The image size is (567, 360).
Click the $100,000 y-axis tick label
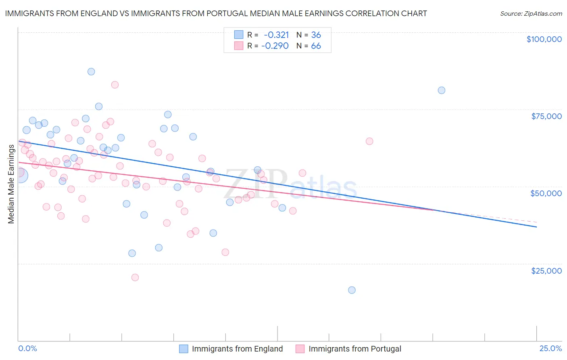pyautogui.click(x=544, y=39)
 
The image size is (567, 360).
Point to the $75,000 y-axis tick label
pyautogui.click(x=546, y=116)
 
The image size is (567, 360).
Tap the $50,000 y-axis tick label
pyautogui.click(x=546, y=193)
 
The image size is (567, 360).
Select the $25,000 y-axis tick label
pyautogui.click(x=546, y=271)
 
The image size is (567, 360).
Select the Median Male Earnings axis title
pyautogui.click(x=11, y=184)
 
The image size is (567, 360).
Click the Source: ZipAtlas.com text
pyautogui.click(x=531, y=14)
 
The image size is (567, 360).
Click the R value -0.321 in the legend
pyautogui.click(x=276, y=35)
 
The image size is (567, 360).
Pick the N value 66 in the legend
pyautogui.click(x=316, y=46)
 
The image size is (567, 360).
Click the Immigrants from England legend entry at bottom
pyautogui.click(x=237, y=349)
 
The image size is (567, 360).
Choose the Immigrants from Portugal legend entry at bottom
pyautogui.click(x=355, y=349)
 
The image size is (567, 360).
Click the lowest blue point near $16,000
pyautogui.click(x=352, y=290)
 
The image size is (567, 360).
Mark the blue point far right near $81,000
pyautogui.click(x=442, y=90)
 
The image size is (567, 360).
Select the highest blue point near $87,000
pyautogui.click(x=91, y=71)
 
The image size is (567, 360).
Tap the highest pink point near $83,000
pyautogui.click(x=115, y=85)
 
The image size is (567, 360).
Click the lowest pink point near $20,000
pyautogui.click(x=135, y=277)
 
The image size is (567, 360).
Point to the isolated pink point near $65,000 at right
pyautogui.click(x=369, y=141)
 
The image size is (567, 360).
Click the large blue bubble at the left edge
pyautogui.click(x=20, y=175)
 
